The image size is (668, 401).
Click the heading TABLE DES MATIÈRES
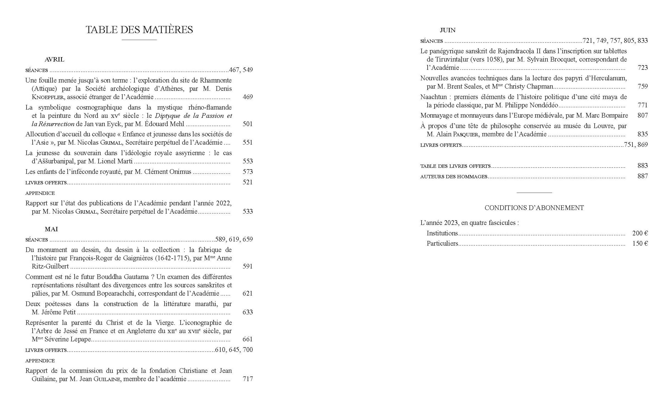pyautogui.click(x=139, y=30)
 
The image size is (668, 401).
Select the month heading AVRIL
pyautogui.click(x=54, y=59)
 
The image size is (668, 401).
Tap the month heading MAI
pyautogui.click(x=51, y=229)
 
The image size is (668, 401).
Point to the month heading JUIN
pyautogui.click(x=447, y=30)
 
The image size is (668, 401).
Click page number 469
pyautogui.click(x=248, y=97)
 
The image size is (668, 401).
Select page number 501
pyautogui.click(x=248, y=124)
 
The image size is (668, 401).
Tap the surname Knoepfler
pyautogui.click(x=45, y=97)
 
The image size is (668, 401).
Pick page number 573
pyautogui.click(x=248, y=172)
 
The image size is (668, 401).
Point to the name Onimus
pyautogui.click(x=181, y=172)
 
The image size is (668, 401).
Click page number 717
pyautogui.click(x=248, y=379)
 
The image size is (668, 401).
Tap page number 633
pyautogui.click(x=248, y=312)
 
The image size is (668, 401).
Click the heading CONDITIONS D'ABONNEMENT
pyautogui.click(x=534, y=208)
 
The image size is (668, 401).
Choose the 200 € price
pyautogui.click(x=640, y=233)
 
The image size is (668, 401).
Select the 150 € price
pyautogui.click(x=640, y=243)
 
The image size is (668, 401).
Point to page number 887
pyautogui.click(x=643, y=176)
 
